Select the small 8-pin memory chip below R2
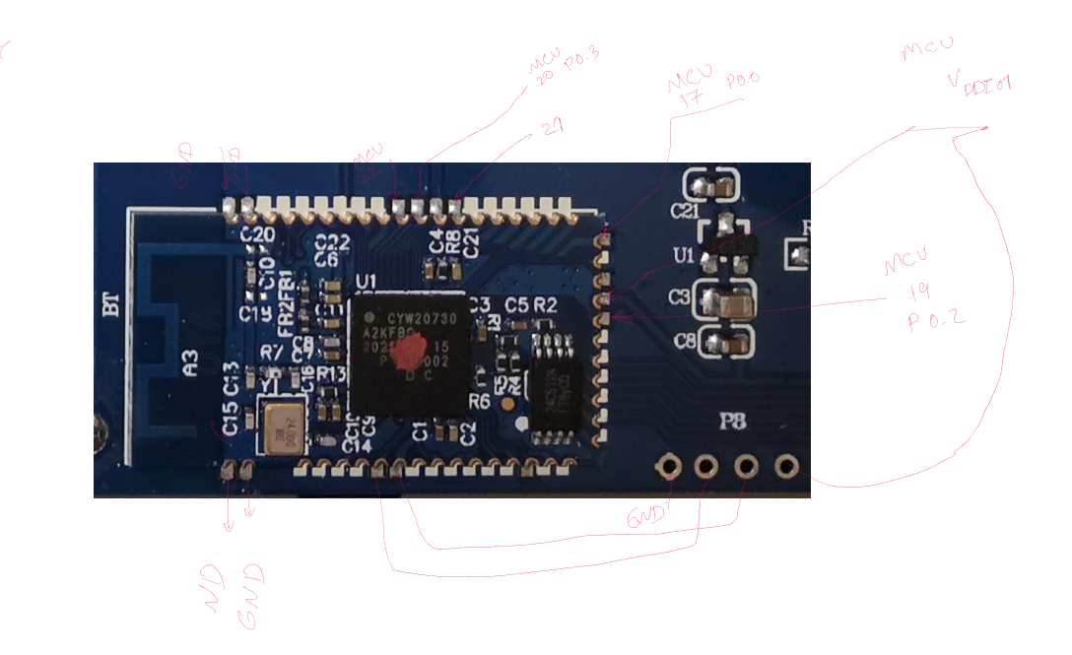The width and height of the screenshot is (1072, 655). pyautogui.click(x=558, y=381)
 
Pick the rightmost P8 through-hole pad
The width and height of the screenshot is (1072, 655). pyautogui.click(x=787, y=465)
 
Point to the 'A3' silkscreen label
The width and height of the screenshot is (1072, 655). pyautogui.click(x=191, y=369)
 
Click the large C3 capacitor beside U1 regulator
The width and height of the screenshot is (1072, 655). pyautogui.click(x=726, y=302)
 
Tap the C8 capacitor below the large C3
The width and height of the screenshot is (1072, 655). pyautogui.click(x=726, y=344)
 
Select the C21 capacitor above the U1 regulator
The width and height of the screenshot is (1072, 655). pyautogui.click(x=711, y=186)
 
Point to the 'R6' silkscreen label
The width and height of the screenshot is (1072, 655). pyautogui.click(x=480, y=402)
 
